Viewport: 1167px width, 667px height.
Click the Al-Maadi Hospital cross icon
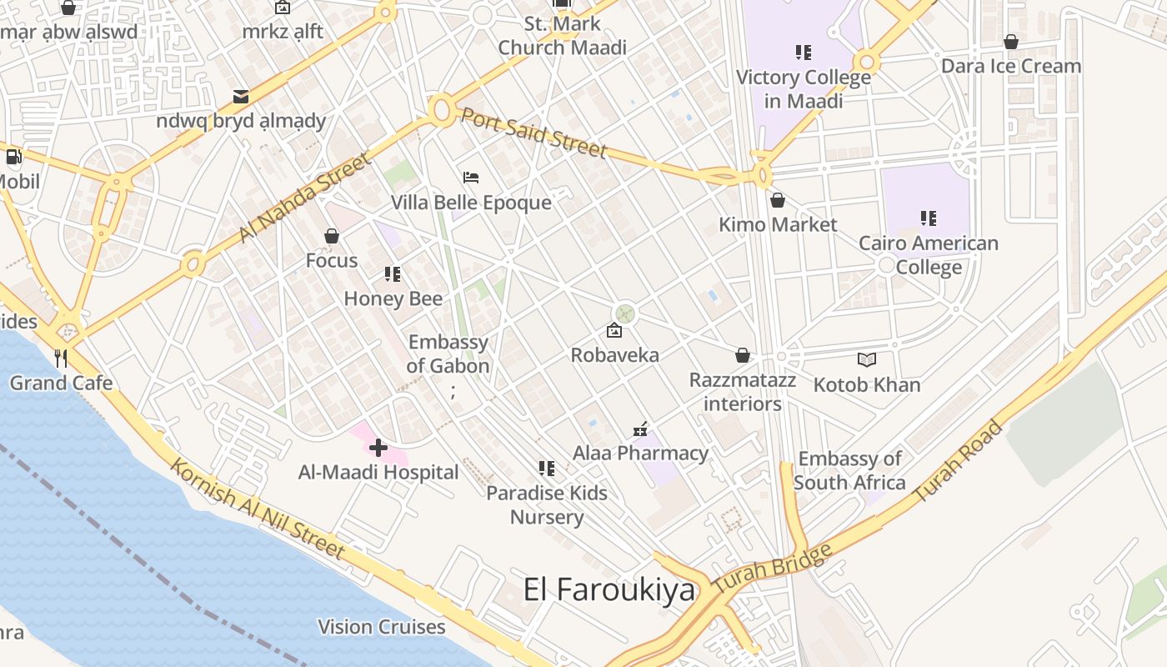[x=378, y=448]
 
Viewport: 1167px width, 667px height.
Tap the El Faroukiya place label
[x=609, y=589]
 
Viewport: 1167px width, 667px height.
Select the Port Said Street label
[x=533, y=133]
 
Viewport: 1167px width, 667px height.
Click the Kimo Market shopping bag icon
[x=778, y=201]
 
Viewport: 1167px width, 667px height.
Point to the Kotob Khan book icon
[x=867, y=360]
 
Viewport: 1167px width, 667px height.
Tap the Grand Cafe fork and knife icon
[x=61, y=359]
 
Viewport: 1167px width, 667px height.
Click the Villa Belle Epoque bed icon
[x=471, y=178]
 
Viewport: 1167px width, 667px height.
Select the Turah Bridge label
[x=773, y=569]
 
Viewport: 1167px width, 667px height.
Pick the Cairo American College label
[x=929, y=255]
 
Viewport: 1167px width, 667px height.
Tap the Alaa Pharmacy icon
[x=640, y=429]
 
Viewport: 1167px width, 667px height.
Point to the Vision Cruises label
[x=382, y=627]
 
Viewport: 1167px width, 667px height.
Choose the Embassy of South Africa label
[x=849, y=470]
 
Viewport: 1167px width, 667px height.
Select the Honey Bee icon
[x=393, y=273]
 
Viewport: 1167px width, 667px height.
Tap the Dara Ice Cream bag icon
[x=1011, y=42]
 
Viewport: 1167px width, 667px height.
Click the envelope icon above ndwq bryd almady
[x=241, y=97]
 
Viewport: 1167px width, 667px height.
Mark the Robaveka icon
[x=614, y=330]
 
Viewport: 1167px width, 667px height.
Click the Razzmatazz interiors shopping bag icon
[x=743, y=356]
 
